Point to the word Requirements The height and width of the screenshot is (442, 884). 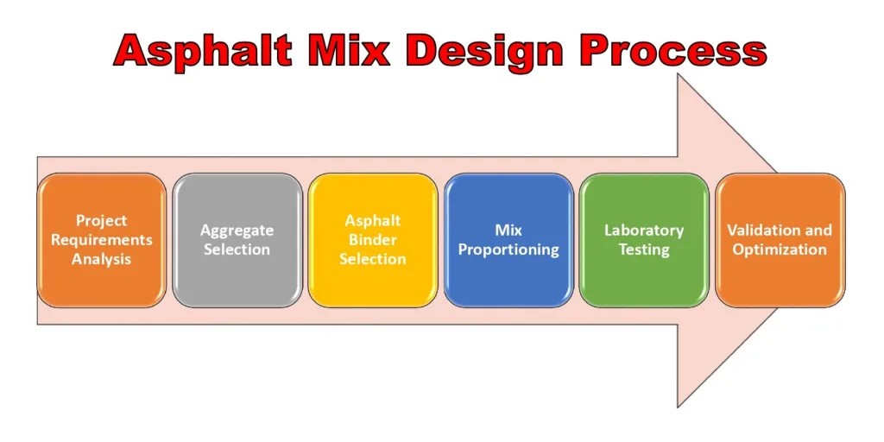coord(101,240)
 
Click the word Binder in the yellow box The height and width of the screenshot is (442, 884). coord(372,240)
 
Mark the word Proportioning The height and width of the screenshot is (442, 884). coord(508,250)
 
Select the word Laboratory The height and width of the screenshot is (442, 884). coord(644,230)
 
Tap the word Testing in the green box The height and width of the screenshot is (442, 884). coord(644,250)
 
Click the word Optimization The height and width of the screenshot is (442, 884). coord(780,250)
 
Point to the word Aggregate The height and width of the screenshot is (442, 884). coord(237,230)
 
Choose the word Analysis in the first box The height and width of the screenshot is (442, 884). coord(101,259)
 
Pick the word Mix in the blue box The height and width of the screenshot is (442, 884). coord(508,230)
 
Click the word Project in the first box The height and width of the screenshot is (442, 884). coord(101,221)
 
